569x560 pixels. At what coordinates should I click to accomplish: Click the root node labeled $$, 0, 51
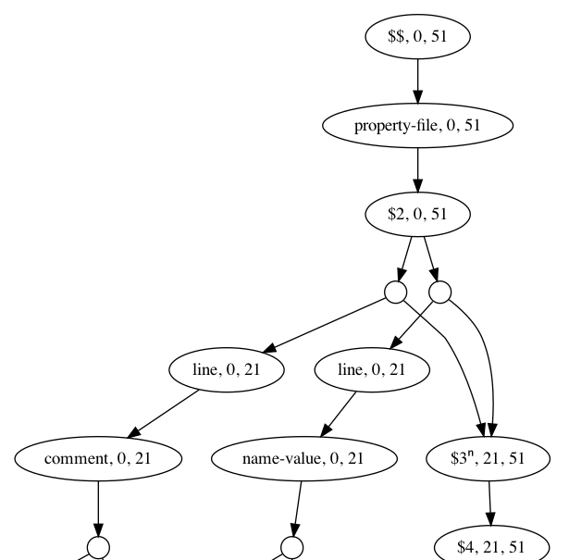pos(417,37)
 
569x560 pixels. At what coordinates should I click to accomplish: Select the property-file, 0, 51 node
pos(417,125)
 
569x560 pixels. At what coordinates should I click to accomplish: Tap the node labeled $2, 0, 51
pos(417,214)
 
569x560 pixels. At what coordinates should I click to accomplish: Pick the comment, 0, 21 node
pos(98,458)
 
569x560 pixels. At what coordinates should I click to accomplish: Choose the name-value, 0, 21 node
pos(304,458)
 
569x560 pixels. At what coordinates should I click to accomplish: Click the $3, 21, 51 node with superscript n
pos(489,458)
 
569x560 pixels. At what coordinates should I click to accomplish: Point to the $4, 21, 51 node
pos(490,545)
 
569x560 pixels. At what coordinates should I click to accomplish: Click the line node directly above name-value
pos(373,370)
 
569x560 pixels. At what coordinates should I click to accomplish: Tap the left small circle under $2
pos(396,292)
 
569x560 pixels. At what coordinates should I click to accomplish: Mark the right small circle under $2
pos(439,292)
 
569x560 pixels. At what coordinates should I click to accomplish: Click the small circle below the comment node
pos(98,546)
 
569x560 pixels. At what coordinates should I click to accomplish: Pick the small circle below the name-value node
pos(292,546)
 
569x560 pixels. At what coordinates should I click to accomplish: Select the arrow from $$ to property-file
pos(417,81)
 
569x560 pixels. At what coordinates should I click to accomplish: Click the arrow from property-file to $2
pos(417,169)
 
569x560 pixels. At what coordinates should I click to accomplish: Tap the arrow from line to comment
pos(165,413)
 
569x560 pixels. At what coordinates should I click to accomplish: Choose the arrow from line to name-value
pos(340,413)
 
